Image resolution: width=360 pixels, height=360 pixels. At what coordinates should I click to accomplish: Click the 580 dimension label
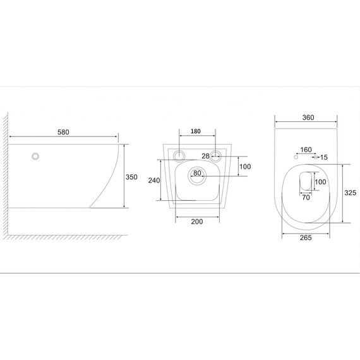(x=63, y=132)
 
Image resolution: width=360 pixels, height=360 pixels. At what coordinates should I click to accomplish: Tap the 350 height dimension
(x=131, y=177)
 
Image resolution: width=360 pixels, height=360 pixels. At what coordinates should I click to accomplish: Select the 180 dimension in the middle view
(x=196, y=131)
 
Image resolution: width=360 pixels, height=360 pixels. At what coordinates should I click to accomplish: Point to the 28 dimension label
(x=205, y=156)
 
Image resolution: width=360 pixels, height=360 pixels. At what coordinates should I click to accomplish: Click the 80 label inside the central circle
(x=197, y=173)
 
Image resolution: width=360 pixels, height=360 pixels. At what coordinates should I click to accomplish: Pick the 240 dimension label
(x=154, y=181)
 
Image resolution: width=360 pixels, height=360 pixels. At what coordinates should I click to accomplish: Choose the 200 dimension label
(x=197, y=222)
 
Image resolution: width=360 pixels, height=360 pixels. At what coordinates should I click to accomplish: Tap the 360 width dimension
(x=308, y=117)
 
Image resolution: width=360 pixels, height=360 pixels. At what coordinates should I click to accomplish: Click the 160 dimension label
(x=306, y=150)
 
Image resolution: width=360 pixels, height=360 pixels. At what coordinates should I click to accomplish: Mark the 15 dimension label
(x=324, y=157)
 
